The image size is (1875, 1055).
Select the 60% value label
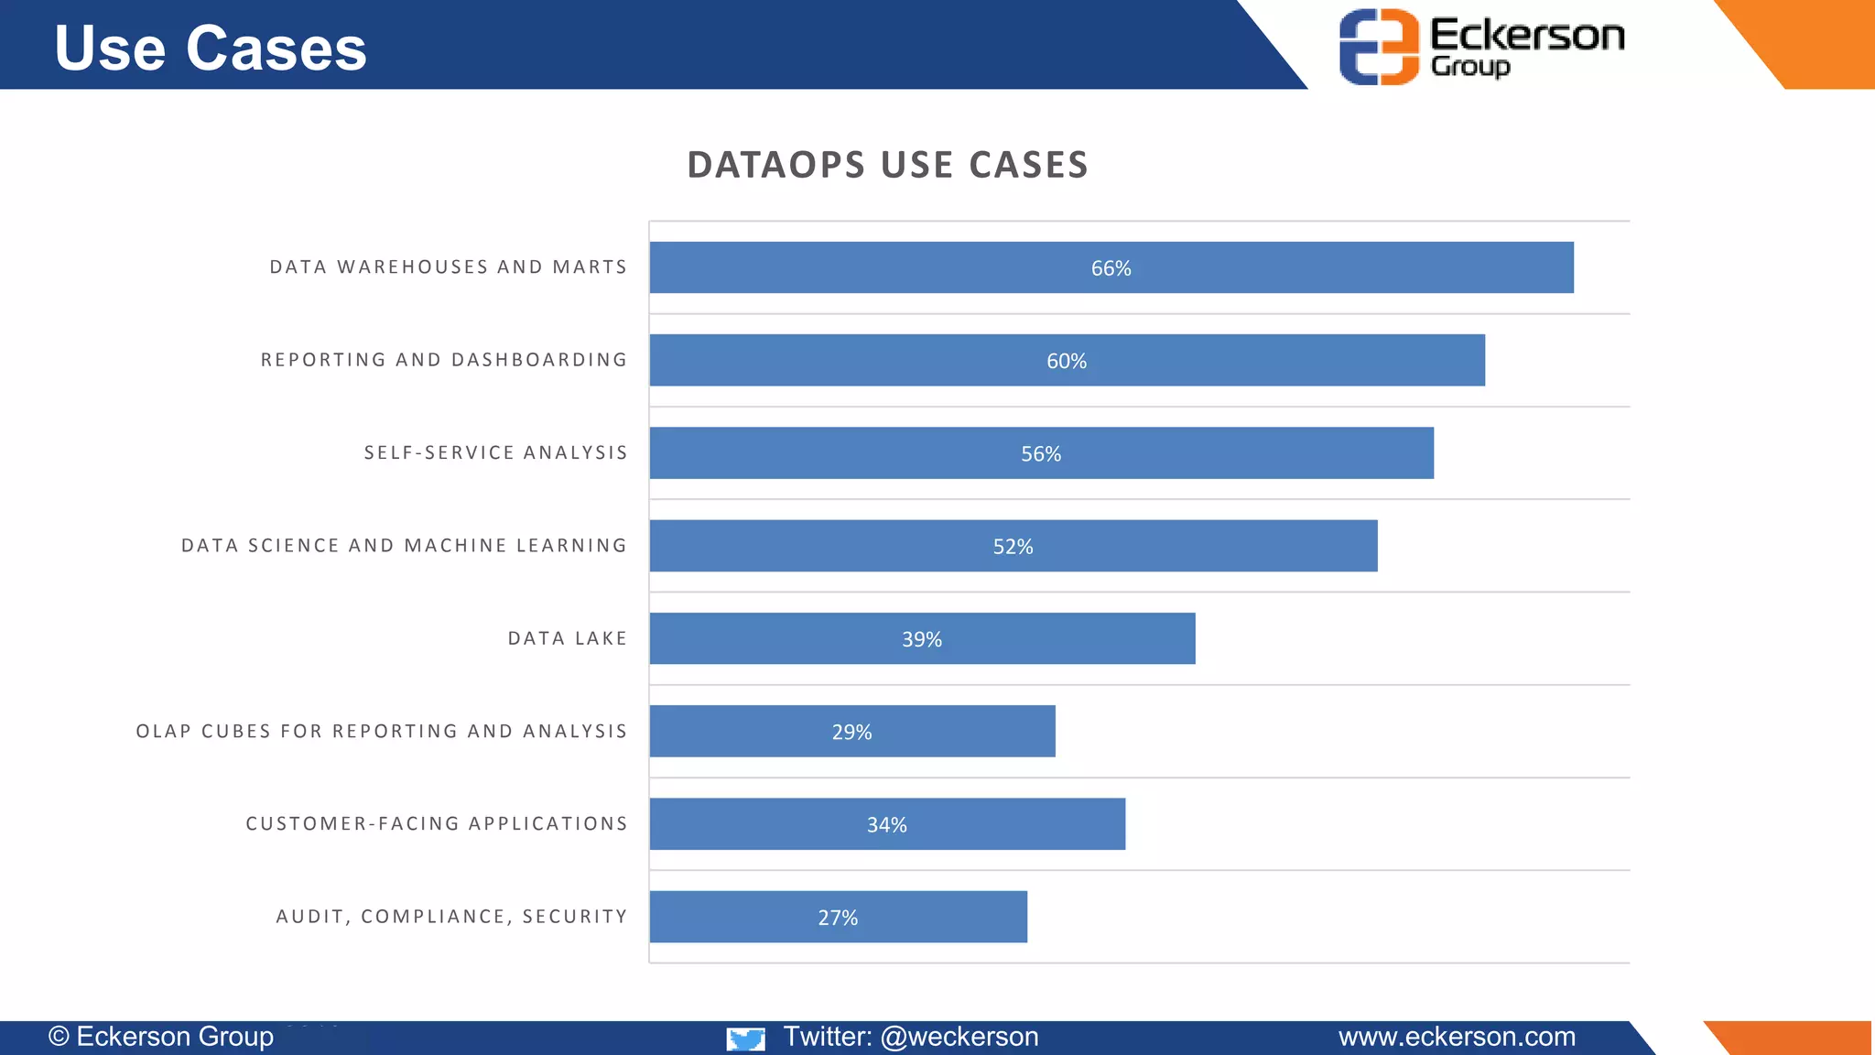click(x=1067, y=362)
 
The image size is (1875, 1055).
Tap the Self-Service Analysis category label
click(x=495, y=452)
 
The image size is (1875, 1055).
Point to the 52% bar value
click(x=1013, y=547)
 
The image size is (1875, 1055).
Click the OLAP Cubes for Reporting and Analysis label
click(x=382, y=731)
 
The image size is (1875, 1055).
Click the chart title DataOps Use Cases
click(x=887, y=165)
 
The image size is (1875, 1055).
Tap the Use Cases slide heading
click(x=211, y=48)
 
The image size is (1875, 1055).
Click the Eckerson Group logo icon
click(x=1378, y=47)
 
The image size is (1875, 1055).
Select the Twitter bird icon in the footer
click(x=745, y=1039)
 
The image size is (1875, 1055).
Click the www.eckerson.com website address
click(x=1457, y=1037)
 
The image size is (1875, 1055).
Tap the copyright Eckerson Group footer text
click(x=161, y=1037)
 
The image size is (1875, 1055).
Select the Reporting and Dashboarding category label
click(x=444, y=360)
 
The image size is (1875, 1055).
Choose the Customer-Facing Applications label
click(x=437, y=823)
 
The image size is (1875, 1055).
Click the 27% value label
click(x=838, y=918)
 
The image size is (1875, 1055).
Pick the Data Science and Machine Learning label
click(x=404, y=546)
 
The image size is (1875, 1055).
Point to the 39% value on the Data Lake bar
click(x=921, y=639)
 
